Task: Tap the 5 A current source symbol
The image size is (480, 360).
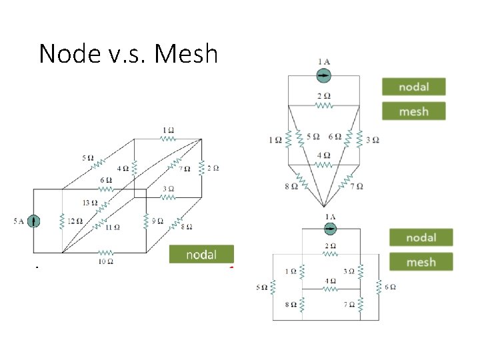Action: tap(33, 221)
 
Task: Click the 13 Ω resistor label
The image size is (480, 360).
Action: tap(89, 203)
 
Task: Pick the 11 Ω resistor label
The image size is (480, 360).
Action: tap(113, 227)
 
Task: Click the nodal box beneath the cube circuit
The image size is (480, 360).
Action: tap(201, 255)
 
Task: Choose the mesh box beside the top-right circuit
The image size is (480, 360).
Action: tap(413, 111)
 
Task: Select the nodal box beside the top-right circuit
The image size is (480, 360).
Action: tap(413, 87)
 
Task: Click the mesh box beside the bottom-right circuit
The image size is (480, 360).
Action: tap(421, 262)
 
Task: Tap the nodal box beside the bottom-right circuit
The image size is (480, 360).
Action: tap(421, 237)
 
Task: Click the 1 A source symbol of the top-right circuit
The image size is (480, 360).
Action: tap(323, 75)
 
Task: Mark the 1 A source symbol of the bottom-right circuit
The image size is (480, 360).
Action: tap(330, 229)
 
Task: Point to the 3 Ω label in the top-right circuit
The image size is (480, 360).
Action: tap(373, 140)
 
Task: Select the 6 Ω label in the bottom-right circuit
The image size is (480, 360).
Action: tap(390, 287)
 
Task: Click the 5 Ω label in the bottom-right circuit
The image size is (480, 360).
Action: tap(263, 287)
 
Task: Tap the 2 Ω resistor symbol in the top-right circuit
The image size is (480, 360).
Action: tap(323, 105)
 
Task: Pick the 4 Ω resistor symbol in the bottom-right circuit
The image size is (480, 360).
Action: tap(330, 289)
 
